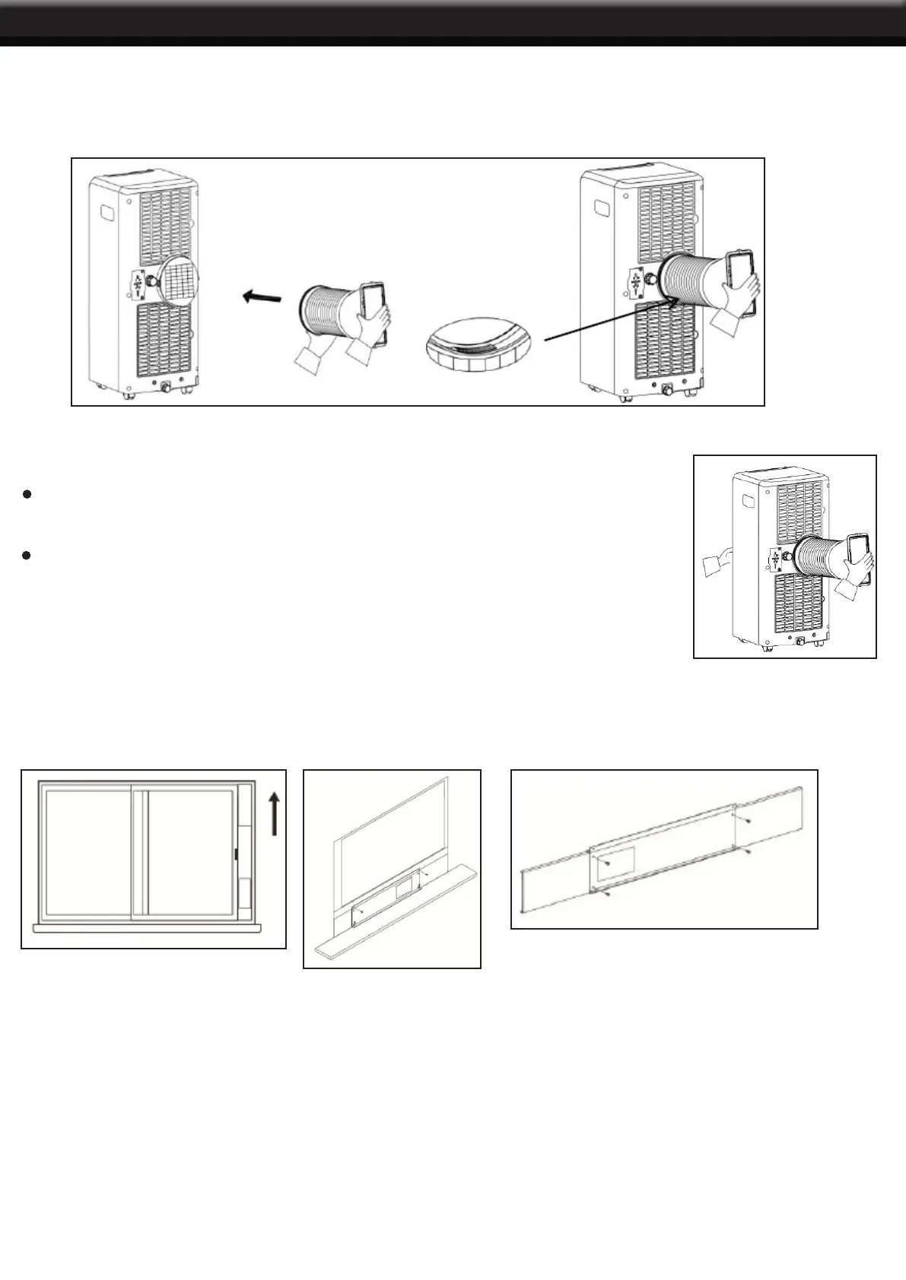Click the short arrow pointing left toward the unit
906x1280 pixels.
pyautogui.click(x=261, y=297)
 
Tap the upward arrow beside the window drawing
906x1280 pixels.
pyautogui.click(x=274, y=813)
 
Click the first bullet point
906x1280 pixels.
pyautogui.click(x=27, y=495)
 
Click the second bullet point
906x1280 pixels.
pyautogui.click(x=27, y=556)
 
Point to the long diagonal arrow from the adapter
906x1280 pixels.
pyautogui.click(x=609, y=319)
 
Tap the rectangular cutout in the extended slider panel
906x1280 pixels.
pyautogui.click(x=616, y=864)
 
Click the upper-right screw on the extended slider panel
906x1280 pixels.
pyautogui.click(x=749, y=822)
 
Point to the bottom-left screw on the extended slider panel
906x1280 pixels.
pyautogui.click(x=606, y=895)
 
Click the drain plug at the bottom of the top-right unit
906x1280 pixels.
pyautogui.click(x=667, y=391)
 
